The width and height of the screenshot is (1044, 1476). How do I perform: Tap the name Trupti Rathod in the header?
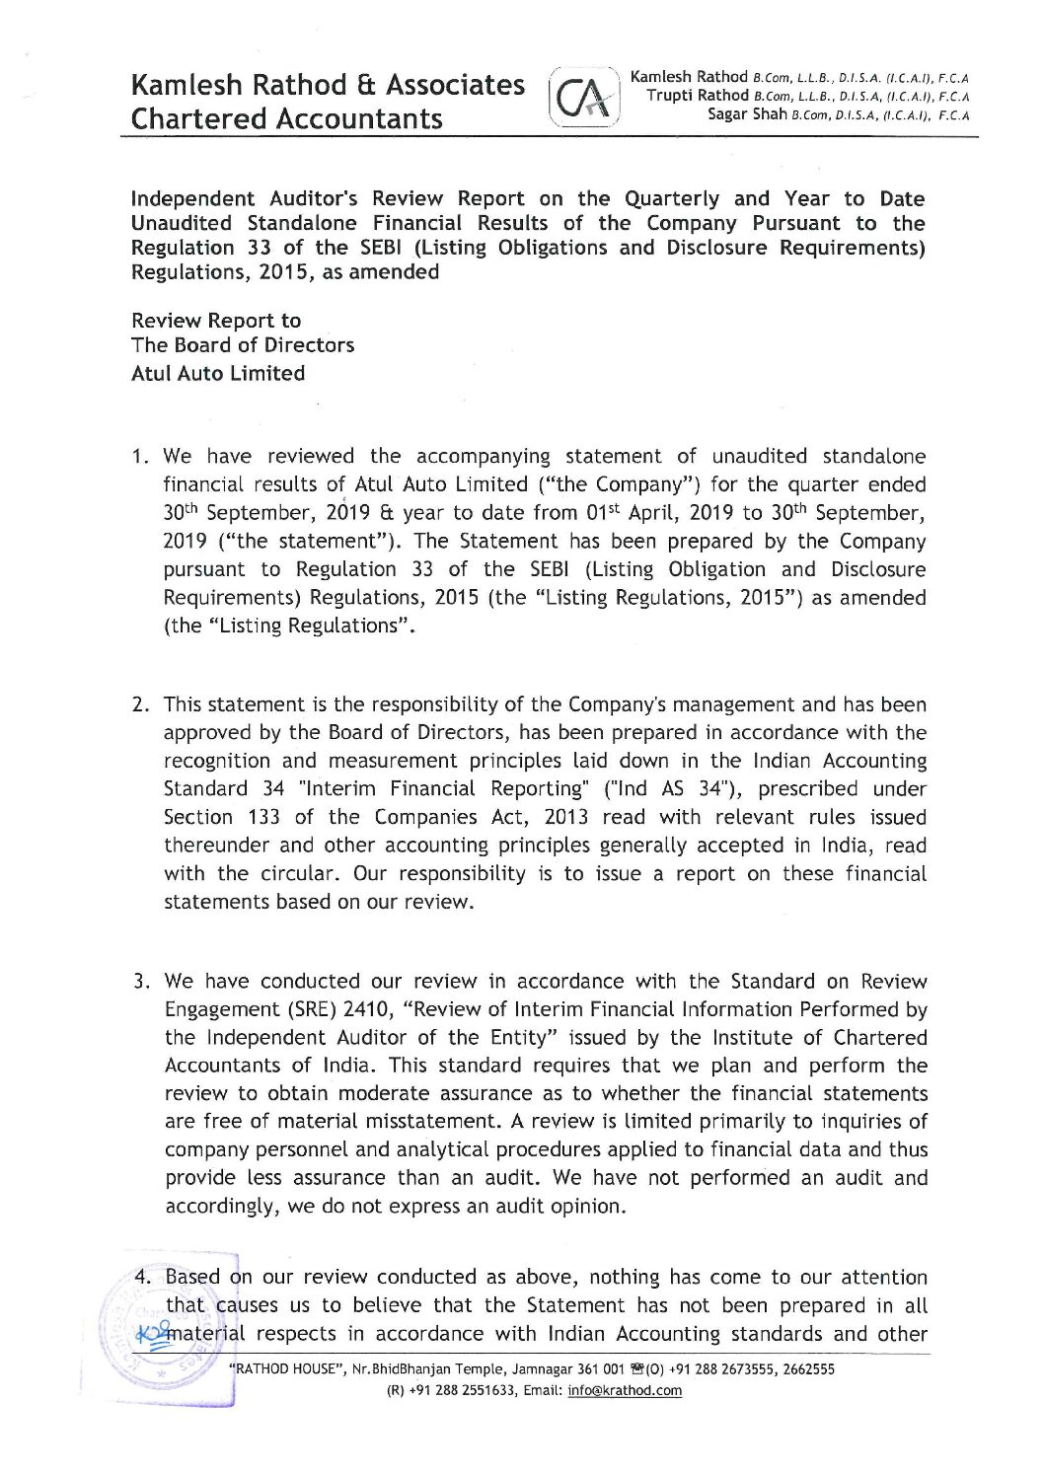[697, 96]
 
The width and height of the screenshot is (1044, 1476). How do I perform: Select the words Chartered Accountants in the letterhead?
[287, 118]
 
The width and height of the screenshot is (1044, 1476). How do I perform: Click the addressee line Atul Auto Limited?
[218, 373]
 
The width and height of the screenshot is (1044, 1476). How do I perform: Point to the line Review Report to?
[216, 321]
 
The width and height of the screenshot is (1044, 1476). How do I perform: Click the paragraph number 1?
[140, 457]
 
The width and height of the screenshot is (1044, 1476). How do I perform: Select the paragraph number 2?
[141, 705]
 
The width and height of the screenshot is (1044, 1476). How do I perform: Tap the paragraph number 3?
[142, 982]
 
